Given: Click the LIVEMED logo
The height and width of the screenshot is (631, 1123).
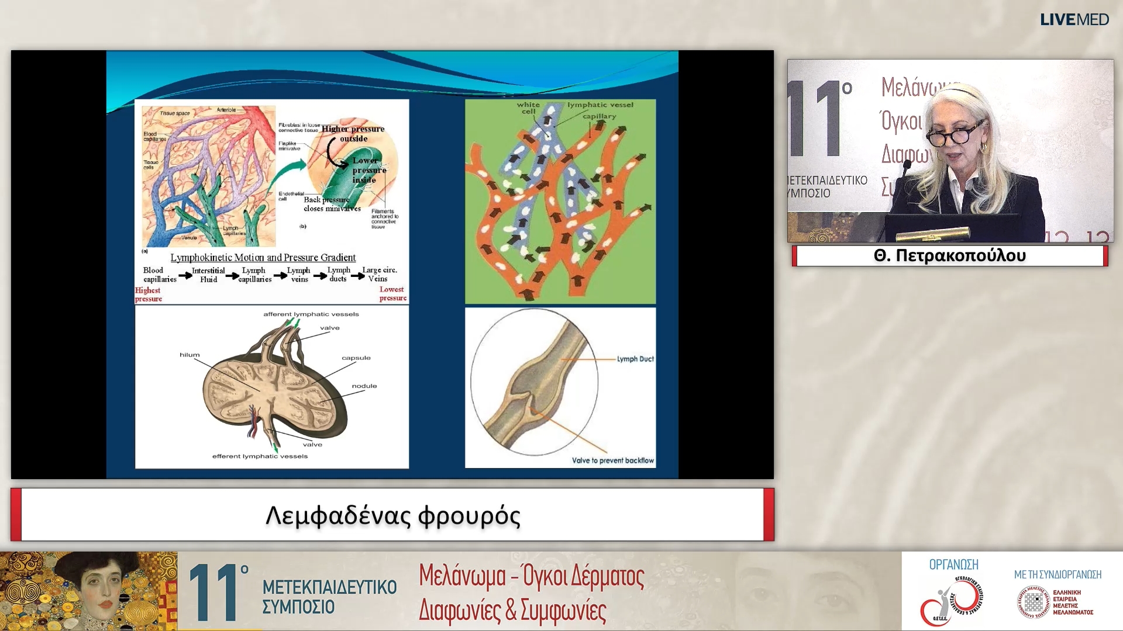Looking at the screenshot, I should point(1074,19).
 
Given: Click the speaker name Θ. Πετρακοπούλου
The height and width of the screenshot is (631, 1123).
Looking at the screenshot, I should point(949,256).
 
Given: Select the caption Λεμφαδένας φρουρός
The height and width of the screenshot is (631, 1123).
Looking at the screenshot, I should point(392,515).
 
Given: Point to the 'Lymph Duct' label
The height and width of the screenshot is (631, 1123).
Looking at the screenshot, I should point(635,359).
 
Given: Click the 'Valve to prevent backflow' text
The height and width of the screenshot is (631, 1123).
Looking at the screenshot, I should point(612,460).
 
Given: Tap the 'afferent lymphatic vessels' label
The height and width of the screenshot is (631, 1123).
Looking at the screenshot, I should point(311,314).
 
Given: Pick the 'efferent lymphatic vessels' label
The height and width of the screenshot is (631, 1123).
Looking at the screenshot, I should point(260,456).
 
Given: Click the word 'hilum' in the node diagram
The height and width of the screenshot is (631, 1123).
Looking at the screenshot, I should point(190,355).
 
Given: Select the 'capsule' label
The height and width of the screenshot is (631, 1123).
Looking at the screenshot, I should point(356,358).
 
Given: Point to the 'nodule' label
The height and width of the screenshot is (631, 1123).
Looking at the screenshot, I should point(364,386).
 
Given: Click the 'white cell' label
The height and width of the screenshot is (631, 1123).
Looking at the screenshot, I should point(528,108).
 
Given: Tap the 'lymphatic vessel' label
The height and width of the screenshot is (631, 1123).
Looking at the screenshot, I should point(600,105).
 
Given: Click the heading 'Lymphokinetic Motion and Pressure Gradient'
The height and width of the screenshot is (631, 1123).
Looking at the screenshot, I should point(263,258).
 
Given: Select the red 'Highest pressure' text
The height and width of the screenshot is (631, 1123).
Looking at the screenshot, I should point(148,294).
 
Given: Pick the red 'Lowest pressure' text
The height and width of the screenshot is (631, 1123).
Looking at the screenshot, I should point(392,294).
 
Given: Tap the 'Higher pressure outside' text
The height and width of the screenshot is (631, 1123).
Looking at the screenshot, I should point(353,133).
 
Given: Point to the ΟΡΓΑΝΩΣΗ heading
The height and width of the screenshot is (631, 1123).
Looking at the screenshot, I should point(953,564).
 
